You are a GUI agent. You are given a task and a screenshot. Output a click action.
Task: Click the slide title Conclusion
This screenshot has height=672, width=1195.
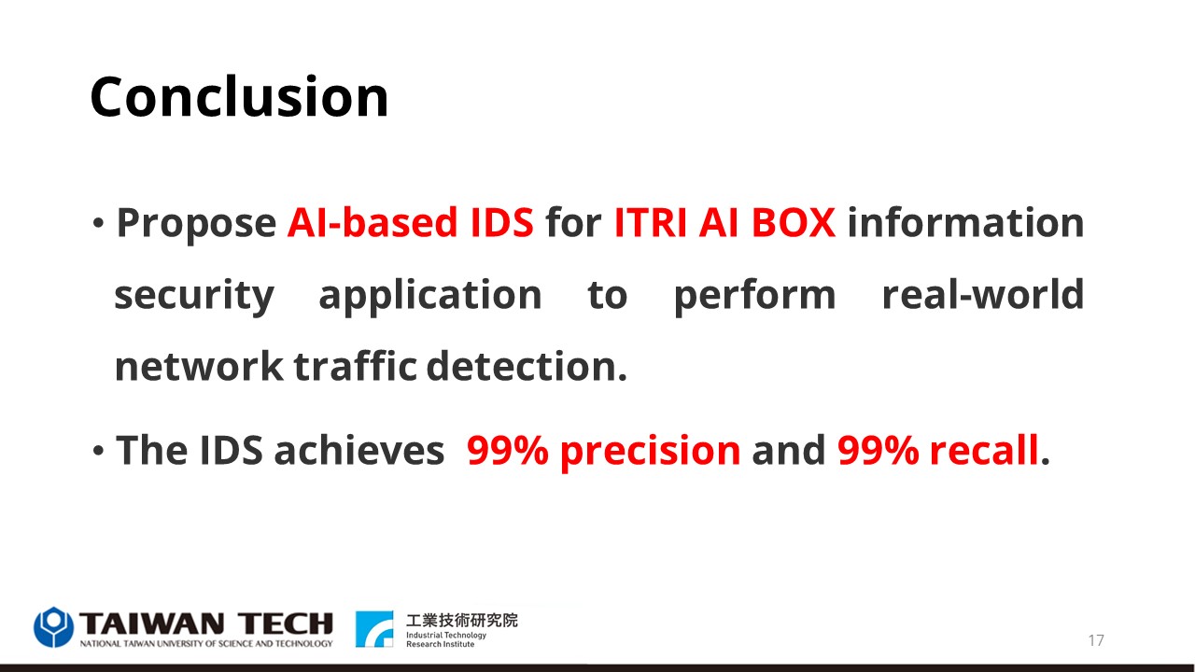[x=239, y=96]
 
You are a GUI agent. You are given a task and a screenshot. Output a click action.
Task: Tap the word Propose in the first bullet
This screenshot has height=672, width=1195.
[x=196, y=224]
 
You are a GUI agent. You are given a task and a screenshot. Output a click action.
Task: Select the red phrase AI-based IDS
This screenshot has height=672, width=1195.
[x=410, y=222]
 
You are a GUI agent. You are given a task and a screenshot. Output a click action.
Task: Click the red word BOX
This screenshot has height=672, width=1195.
[x=794, y=222]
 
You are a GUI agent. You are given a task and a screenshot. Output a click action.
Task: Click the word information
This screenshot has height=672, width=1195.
[x=965, y=222]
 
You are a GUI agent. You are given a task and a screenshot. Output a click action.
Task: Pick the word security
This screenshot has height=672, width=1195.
[x=194, y=296]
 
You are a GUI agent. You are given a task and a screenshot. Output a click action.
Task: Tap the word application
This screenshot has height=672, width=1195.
[x=430, y=296]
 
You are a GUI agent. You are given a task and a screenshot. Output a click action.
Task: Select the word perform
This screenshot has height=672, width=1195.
[x=755, y=296]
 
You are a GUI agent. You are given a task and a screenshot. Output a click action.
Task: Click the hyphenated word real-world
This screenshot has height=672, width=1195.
[x=983, y=294]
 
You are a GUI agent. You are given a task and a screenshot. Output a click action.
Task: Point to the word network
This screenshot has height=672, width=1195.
[x=199, y=367]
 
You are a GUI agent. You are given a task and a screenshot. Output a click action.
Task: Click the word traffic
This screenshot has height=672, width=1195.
[x=356, y=367]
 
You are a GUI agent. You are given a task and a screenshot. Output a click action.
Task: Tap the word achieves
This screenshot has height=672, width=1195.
[x=359, y=450]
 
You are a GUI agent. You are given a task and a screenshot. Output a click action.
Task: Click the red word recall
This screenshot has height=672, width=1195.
[x=984, y=450]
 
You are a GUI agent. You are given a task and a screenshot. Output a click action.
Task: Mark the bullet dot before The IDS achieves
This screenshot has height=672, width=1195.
[x=98, y=451]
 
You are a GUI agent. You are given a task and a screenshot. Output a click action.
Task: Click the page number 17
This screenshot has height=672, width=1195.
[x=1096, y=640]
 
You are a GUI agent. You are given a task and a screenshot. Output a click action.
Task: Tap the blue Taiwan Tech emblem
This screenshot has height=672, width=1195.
[x=53, y=627]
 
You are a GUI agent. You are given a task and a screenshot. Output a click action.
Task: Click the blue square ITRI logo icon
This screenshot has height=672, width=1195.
[x=374, y=629]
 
